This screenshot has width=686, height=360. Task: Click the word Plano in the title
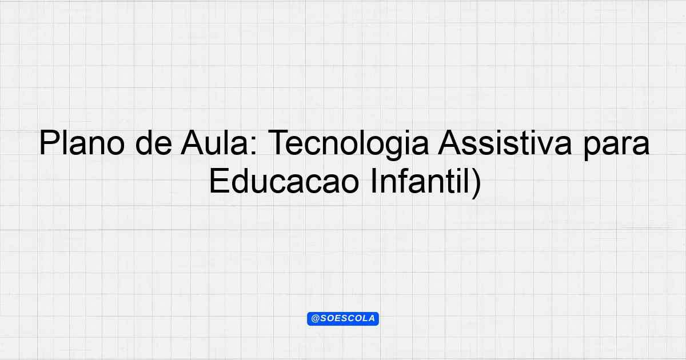tap(82, 143)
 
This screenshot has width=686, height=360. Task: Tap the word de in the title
tap(153, 143)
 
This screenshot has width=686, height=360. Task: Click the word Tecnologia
tap(348, 145)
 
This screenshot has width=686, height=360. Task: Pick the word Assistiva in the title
tap(505, 143)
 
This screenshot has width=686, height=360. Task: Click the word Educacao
tap(284, 181)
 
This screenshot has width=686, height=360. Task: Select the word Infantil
tap(420, 181)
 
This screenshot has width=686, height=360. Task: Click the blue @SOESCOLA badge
tap(343, 319)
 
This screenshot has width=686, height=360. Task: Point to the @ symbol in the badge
tap(315, 319)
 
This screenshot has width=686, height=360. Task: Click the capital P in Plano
tap(49, 143)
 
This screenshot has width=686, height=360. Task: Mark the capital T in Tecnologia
tap(279, 143)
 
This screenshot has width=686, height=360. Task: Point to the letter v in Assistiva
tap(544, 146)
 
